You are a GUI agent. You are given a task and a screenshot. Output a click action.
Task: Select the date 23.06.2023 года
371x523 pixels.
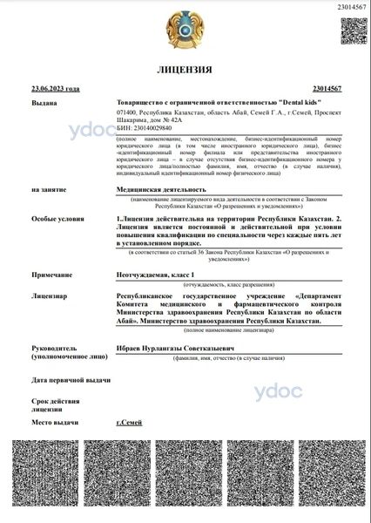pos(55,89)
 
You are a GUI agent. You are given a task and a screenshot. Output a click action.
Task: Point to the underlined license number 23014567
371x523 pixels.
pos(324,89)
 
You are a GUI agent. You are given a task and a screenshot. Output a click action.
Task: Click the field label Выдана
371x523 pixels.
pos(44,103)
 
